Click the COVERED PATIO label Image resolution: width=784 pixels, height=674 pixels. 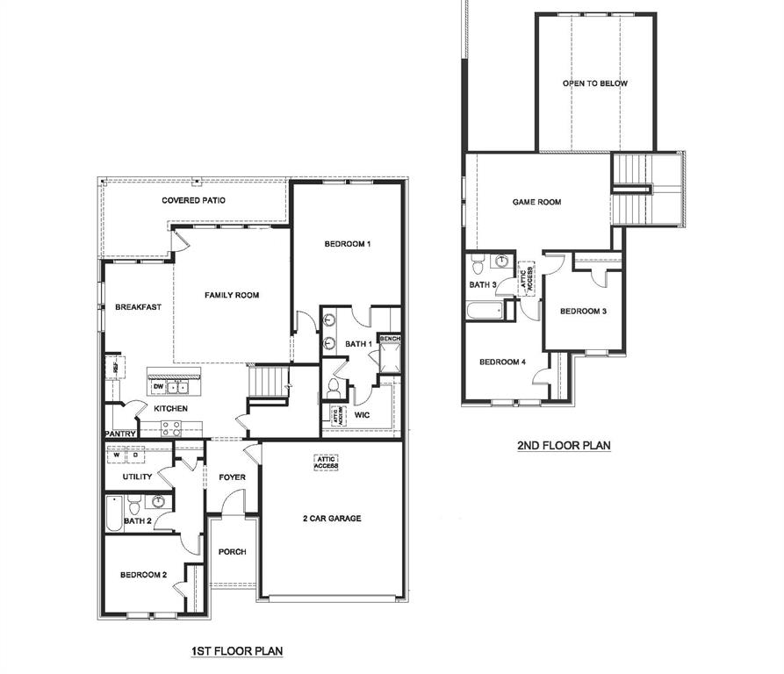(193, 200)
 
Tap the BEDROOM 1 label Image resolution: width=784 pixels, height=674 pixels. (347, 243)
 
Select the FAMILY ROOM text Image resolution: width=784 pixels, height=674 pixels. (232, 295)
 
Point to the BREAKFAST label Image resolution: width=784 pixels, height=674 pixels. (138, 307)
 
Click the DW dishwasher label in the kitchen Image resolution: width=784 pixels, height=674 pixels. (158, 387)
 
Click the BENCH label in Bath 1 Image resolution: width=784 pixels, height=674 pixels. (388, 338)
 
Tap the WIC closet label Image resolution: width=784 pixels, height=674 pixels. (362, 413)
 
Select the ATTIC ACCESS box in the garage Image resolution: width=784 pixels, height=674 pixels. (327, 462)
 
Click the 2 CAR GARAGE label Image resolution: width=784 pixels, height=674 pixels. (332, 519)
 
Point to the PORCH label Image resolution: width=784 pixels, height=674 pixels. (232, 552)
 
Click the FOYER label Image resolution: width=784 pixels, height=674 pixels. (232, 477)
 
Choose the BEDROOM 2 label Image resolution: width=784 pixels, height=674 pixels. (143, 575)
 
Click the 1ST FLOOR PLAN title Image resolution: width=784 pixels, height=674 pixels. (237, 651)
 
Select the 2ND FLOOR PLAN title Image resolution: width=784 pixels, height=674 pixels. (564, 446)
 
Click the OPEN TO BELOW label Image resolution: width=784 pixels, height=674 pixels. (595, 83)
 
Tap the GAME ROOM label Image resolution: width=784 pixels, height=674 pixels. (536, 202)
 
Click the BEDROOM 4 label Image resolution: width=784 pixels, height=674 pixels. (502, 362)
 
